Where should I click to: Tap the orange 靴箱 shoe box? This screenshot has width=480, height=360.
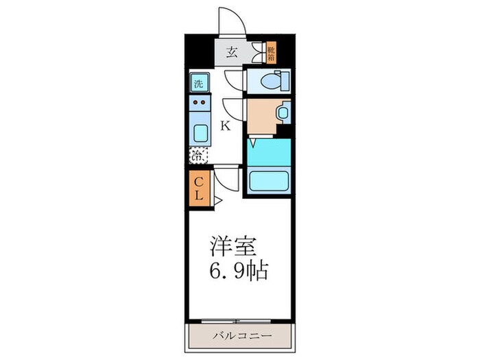point(271,52)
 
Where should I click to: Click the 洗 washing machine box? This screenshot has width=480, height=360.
point(198,84)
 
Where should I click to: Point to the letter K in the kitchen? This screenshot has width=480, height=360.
point(224,125)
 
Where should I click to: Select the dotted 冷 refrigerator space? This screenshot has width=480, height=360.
point(197,155)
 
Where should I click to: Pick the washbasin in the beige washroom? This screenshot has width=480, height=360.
point(281,112)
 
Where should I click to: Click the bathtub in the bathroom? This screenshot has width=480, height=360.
point(268,181)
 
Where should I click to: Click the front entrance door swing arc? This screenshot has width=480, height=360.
point(231,21)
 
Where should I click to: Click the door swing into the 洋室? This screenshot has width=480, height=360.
point(226,180)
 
